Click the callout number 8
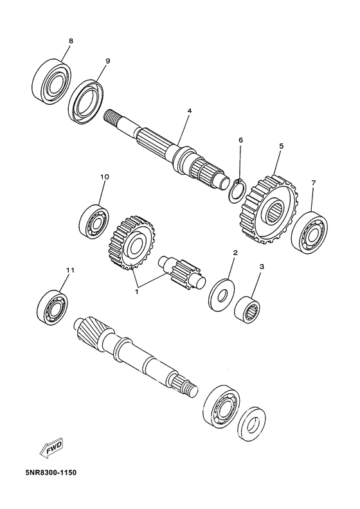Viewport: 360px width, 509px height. (71, 41)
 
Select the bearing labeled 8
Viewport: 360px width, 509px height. (51, 80)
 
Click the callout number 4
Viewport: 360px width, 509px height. (171, 111)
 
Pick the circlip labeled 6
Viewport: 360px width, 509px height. (237, 191)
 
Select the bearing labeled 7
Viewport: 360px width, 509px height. (310, 229)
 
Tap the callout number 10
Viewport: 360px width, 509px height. (105, 176)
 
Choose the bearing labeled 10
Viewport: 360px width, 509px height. (94, 220)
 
